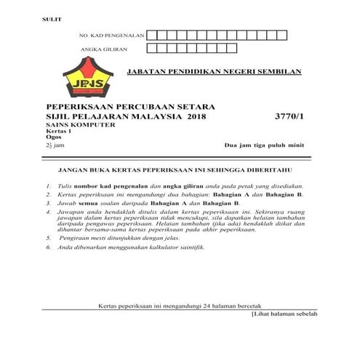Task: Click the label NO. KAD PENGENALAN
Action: pyautogui.click(x=112, y=35)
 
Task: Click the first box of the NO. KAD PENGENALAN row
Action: pyautogui.click(x=153, y=35)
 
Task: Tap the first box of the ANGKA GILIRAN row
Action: pyautogui.click(x=153, y=49)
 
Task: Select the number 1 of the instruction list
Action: pyautogui.click(x=48, y=186)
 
